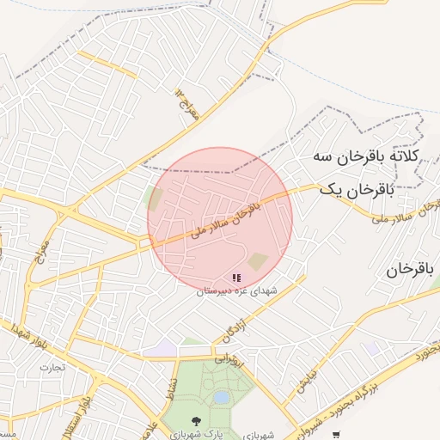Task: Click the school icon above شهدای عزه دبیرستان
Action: (236, 278)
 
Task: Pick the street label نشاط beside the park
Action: (173, 391)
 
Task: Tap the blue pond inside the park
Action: (222, 398)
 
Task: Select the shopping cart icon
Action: (335, 434)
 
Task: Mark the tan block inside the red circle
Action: (258, 260)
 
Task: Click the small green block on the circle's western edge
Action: (155, 199)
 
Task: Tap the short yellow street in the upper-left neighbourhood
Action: (107, 64)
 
